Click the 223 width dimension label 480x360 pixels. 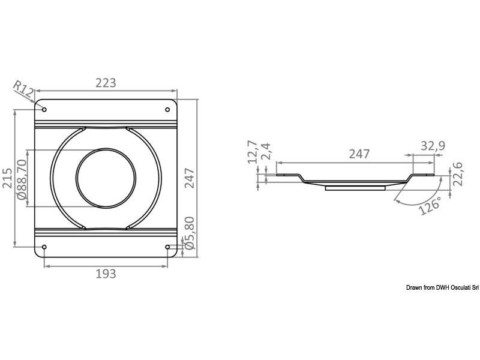click(106, 83)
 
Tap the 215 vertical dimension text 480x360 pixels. click(8, 178)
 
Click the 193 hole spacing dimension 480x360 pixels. click(106, 274)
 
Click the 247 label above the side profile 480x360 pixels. click(359, 154)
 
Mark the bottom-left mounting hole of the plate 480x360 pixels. click(44, 247)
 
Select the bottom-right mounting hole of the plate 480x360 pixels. click(167, 247)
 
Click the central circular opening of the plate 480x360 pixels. click(106, 178)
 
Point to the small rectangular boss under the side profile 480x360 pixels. click(355, 188)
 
